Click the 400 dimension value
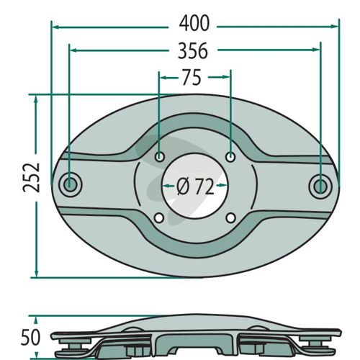click(x=194, y=24)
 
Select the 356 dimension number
click(x=193, y=50)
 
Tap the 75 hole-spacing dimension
click(x=192, y=77)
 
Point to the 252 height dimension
click(x=32, y=177)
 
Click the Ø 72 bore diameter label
click(x=195, y=186)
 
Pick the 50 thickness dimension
click(x=30, y=338)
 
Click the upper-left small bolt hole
click(x=159, y=157)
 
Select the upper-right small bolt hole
click(x=230, y=157)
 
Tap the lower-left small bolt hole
click(x=159, y=218)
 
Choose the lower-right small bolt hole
click(x=230, y=218)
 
